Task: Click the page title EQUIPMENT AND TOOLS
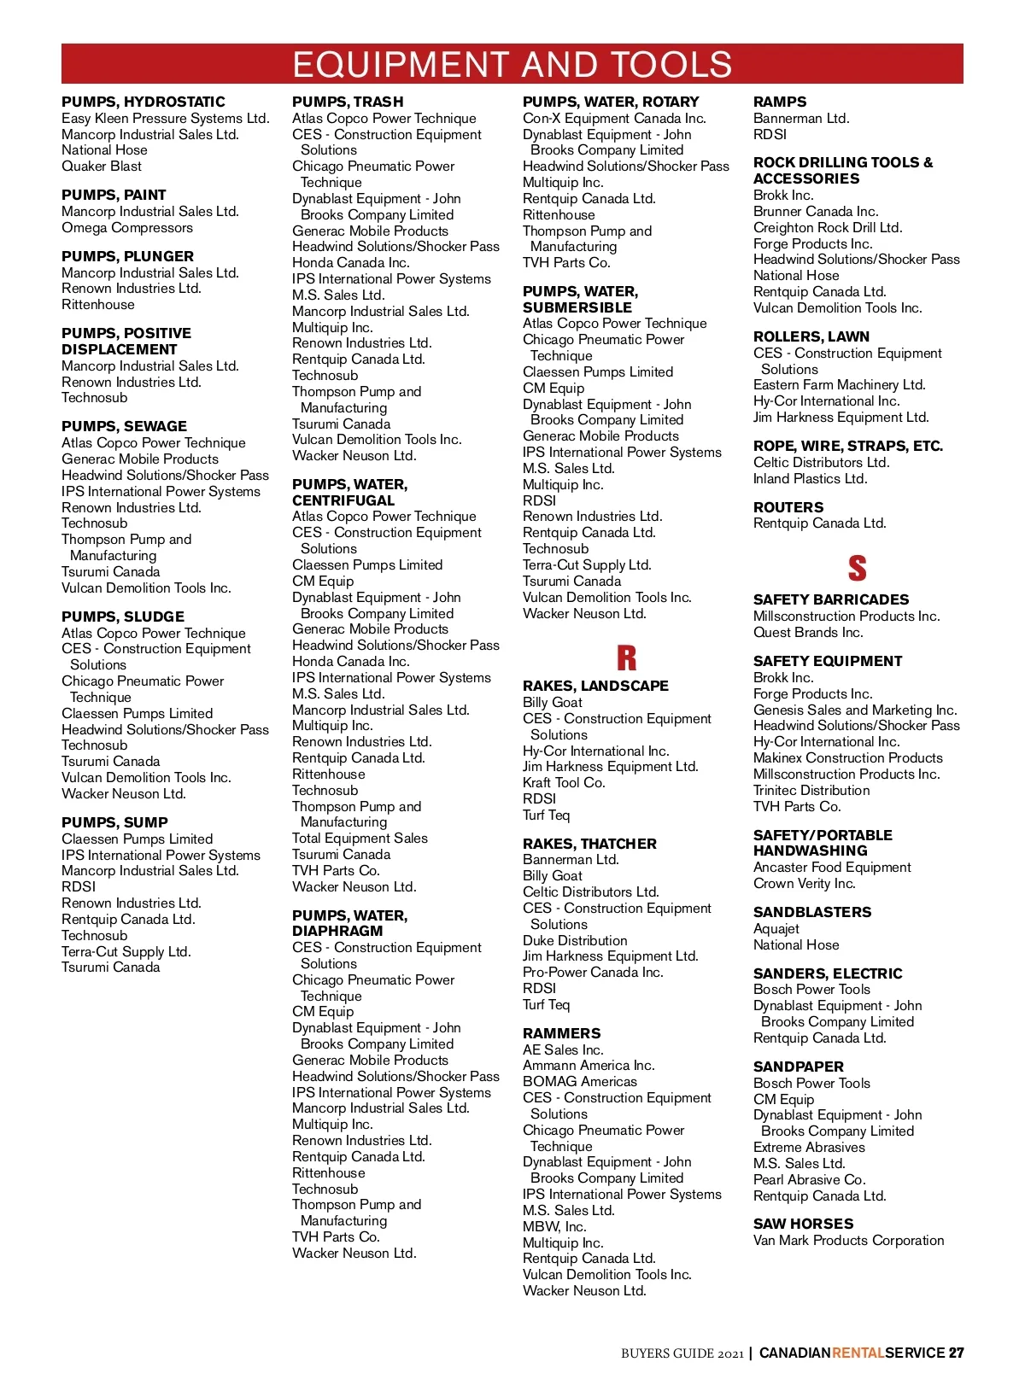512,65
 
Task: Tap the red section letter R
626,658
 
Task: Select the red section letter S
857,568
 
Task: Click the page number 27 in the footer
956,1353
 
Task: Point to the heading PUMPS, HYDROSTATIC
143,102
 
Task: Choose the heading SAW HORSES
803,1224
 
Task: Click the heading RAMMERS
561,1033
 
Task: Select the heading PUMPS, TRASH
348,102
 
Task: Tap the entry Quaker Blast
102,167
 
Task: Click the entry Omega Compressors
127,228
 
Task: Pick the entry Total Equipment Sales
360,839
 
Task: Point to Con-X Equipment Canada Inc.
614,119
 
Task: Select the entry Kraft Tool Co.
564,783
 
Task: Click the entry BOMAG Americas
580,1082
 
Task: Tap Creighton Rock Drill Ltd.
827,228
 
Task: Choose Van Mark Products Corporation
848,1241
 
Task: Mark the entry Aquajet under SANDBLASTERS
776,929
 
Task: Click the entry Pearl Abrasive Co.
809,1180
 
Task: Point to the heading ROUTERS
788,507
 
